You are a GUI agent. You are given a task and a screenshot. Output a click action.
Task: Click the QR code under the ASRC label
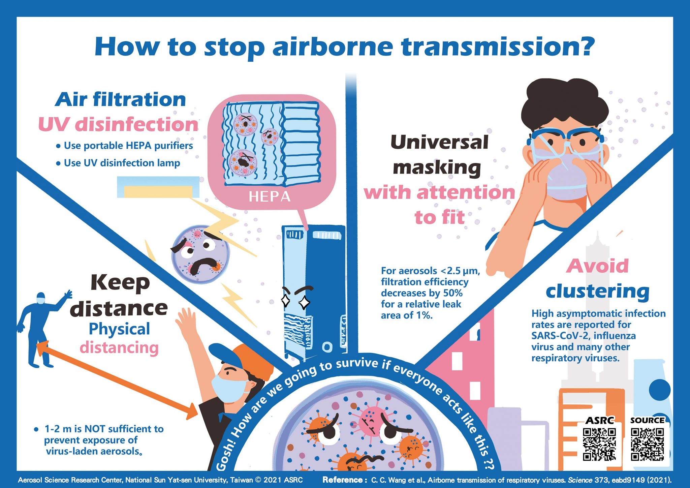click(599, 444)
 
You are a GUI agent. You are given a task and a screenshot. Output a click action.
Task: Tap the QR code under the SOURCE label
click(647, 444)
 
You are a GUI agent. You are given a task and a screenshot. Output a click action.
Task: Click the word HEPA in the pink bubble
click(269, 196)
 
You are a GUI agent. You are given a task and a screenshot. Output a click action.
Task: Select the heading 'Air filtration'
click(121, 100)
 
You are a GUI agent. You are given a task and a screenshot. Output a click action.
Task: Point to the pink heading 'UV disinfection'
click(118, 124)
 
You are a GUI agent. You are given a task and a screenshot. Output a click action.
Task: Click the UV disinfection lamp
click(158, 187)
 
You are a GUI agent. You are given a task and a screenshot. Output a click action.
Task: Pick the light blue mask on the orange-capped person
click(229, 387)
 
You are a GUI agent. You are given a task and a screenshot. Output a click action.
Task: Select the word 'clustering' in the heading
click(597, 291)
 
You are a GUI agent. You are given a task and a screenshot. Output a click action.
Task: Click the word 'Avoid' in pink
click(597, 266)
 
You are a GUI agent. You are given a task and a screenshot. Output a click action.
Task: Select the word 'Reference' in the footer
click(343, 480)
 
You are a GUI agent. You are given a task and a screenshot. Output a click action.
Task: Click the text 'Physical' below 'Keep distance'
click(119, 329)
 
